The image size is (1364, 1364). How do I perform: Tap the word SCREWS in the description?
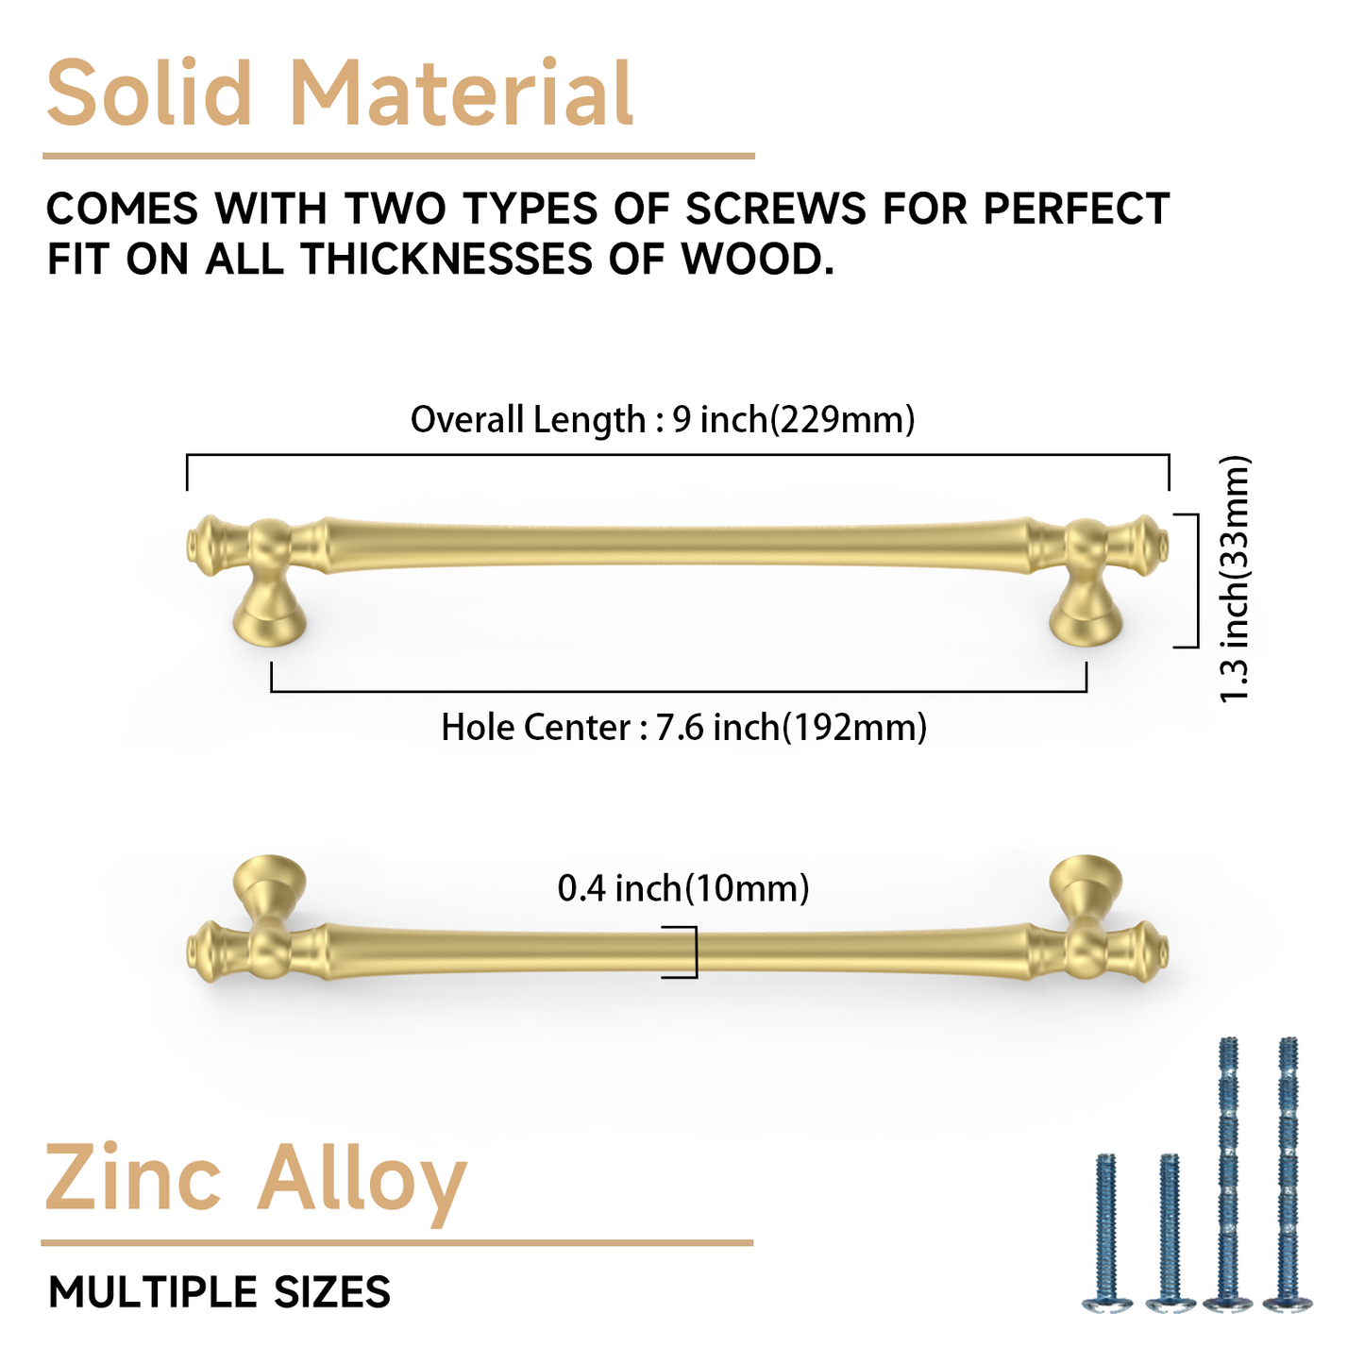[775, 209]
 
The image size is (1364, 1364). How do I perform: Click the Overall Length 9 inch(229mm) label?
[663, 419]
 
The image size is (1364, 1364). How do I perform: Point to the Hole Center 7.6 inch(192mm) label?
[683, 728]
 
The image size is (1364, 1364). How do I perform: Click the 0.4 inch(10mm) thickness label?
[683, 888]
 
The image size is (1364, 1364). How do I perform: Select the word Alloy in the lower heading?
[362, 1180]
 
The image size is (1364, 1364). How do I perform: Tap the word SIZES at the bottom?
[331, 1292]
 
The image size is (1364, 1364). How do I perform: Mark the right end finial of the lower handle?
[1154, 951]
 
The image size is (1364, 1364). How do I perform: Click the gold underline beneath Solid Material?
[398, 156]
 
